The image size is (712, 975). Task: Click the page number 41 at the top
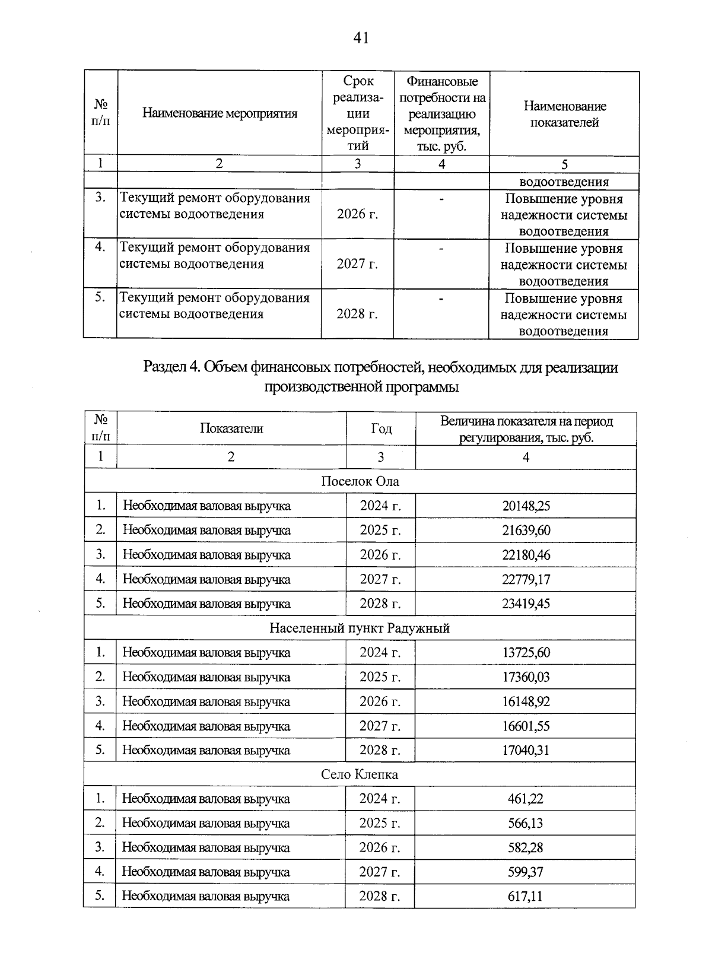coord(361,39)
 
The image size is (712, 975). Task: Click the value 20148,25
coord(526,506)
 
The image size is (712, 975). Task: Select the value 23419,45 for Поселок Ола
coord(526,604)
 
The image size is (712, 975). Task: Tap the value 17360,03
coord(526,677)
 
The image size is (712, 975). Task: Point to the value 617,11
coord(525,897)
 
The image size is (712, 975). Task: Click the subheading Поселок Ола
coord(360,482)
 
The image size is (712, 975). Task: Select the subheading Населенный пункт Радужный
coord(360,628)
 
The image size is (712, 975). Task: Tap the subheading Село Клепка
coord(360,775)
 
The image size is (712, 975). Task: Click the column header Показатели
coord(231,428)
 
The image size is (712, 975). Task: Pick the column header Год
coord(381,428)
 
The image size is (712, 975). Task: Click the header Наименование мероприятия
coord(220,114)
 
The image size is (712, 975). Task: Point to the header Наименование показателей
coord(564,115)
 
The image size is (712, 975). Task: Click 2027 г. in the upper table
coord(357,264)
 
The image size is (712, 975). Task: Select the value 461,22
coord(525,799)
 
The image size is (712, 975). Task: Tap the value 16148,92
coord(526,702)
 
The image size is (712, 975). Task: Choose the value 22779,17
coord(526,580)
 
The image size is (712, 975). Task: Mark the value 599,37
coord(525,872)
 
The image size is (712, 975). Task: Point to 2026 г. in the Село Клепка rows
coord(380,848)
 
